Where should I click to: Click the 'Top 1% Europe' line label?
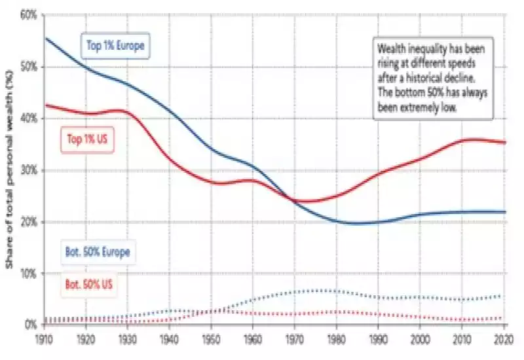pos(115,46)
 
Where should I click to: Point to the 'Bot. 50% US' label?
pos(95,285)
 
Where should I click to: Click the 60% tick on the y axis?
pos(27,15)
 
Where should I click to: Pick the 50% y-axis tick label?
pos(27,67)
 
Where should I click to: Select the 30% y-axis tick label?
pos(27,170)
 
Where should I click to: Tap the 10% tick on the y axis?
pos(27,273)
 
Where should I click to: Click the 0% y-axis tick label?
pos(29,325)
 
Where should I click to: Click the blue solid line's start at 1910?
pos(45,38)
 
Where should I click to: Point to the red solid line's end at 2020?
pos(505,142)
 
